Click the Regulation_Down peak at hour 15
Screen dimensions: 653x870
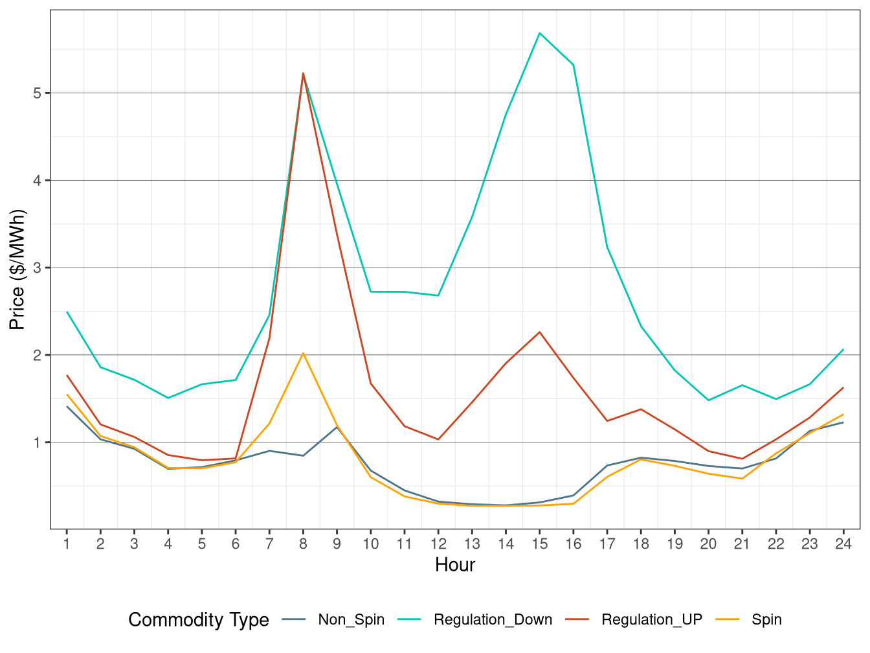pyautogui.click(x=539, y=33)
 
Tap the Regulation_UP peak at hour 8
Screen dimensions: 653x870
pyautogui.click(x=303, y=73)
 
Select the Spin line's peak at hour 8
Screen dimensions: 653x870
pyautogui.click(x=303, y=353)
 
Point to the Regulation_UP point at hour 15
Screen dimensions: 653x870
pyautogui.click(x=539, y=332)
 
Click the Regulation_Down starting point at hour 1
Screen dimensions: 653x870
pyautogui.click(x=67, y=312)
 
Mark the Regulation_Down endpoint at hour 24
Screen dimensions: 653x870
pyautogui.click(x=843, y=350)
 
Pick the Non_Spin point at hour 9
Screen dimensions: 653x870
pyautogui.click(x=337, y=426)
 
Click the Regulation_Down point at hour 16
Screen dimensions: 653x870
pyautogui.click(x=574, y=65)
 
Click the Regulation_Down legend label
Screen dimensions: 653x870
pyautogui.click(x=493, y=620)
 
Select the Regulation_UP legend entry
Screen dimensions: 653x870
pyautogui.click(x=651, y=620)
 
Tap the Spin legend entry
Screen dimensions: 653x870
pyautogui.click(x=766, y=620)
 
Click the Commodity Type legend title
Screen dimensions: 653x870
pyautogui.click(x=199, y=620)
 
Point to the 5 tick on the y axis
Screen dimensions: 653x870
pyautogui.click(x=38, y=93)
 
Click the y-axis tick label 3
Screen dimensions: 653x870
pyautogui.click(x=38, y=268)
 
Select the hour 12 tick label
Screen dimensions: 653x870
pyautogui.click(x=438, y=544)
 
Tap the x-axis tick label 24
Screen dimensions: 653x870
pyautogui.click(x=843, y=544)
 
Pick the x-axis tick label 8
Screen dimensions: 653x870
pyautogui.click(x=303, y=544)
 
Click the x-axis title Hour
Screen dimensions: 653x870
pyautogui.click(x=455, y=565)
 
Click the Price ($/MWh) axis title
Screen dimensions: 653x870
pyautogui.click(x=17, y=269)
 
